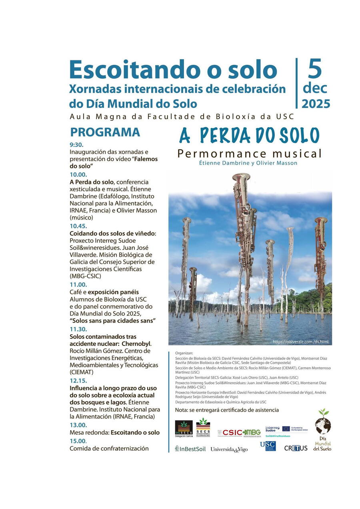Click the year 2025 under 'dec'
[x=316, y=104]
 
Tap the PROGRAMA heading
[x=105, y=132]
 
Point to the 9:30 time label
[x=76, y=145]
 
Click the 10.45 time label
[x=78, y=226]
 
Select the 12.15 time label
[x=78, y=381]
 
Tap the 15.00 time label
[x=78, y=441]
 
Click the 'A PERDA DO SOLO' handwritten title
[x=249, y=136]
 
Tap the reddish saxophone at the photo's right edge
[x=321, y=256]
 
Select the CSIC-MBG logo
[x=239, y=433]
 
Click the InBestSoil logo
[x=190, y=449]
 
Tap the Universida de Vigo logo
[x=229, y=449]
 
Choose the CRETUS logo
[x=296, y=448]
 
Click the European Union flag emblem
[x=286, y=429]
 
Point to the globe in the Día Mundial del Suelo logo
[x=322, y=425]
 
